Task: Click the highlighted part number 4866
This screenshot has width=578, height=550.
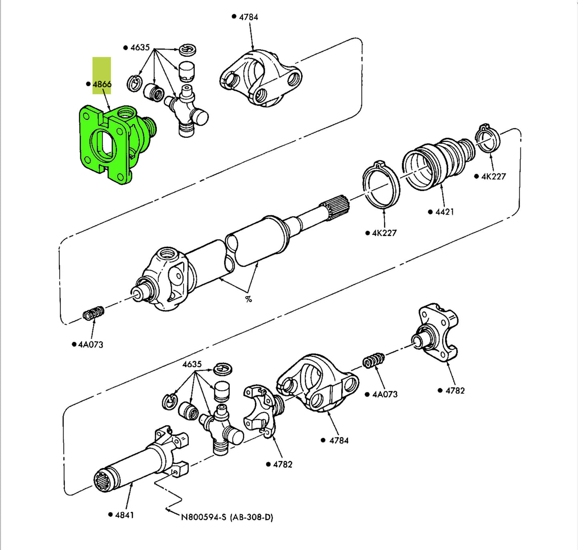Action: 102,84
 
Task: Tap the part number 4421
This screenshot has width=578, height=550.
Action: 444,212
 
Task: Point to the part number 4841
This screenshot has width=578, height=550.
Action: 124,515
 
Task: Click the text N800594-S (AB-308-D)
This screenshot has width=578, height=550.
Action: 227,517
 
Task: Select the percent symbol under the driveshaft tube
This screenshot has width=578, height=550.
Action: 248,299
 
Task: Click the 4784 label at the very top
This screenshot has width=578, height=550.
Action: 248,17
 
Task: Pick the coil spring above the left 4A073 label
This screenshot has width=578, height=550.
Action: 94,313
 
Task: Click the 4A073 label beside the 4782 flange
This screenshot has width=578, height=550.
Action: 384,394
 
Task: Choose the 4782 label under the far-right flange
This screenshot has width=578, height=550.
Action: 455,391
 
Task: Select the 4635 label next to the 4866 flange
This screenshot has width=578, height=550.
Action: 140,48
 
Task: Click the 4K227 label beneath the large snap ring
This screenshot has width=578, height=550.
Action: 384,233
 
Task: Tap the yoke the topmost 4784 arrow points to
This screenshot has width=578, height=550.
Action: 261,78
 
